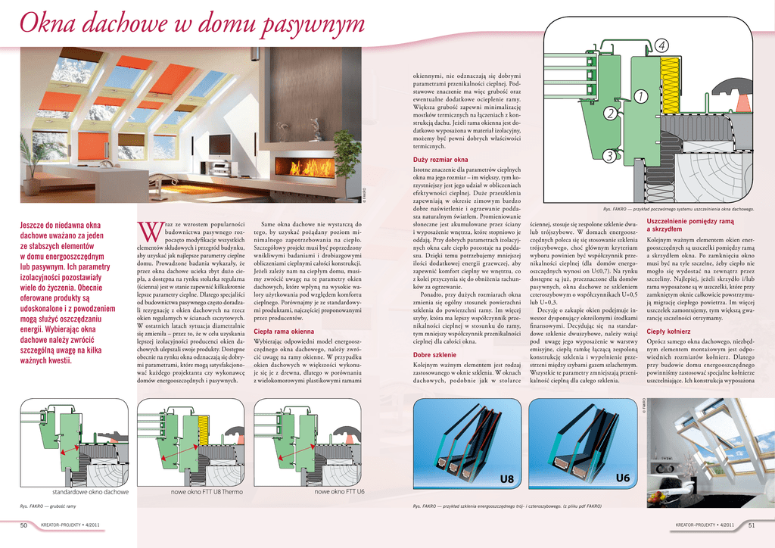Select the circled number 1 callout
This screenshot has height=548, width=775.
[x=640, y=97]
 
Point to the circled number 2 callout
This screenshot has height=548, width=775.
[x=611, y=114]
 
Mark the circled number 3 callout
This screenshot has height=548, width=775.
[x=609, y=156]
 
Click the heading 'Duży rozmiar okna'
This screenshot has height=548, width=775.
[x=440, y=160]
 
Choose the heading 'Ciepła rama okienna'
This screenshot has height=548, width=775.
[x=284, y=332]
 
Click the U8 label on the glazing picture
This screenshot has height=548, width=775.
[x=506, y=479]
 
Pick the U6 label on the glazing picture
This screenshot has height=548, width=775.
[x=623, y=478]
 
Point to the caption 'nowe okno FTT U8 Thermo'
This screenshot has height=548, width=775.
[x=207, y=493]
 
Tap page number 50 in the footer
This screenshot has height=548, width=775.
[x=24, y=525]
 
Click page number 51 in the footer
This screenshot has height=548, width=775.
[x=751, y=525]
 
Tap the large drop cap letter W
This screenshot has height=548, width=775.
[x=148, y=229]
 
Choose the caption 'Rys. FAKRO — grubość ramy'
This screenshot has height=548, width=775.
[x=48, y=506]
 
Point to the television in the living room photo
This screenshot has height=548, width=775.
[x=220, y=144]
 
